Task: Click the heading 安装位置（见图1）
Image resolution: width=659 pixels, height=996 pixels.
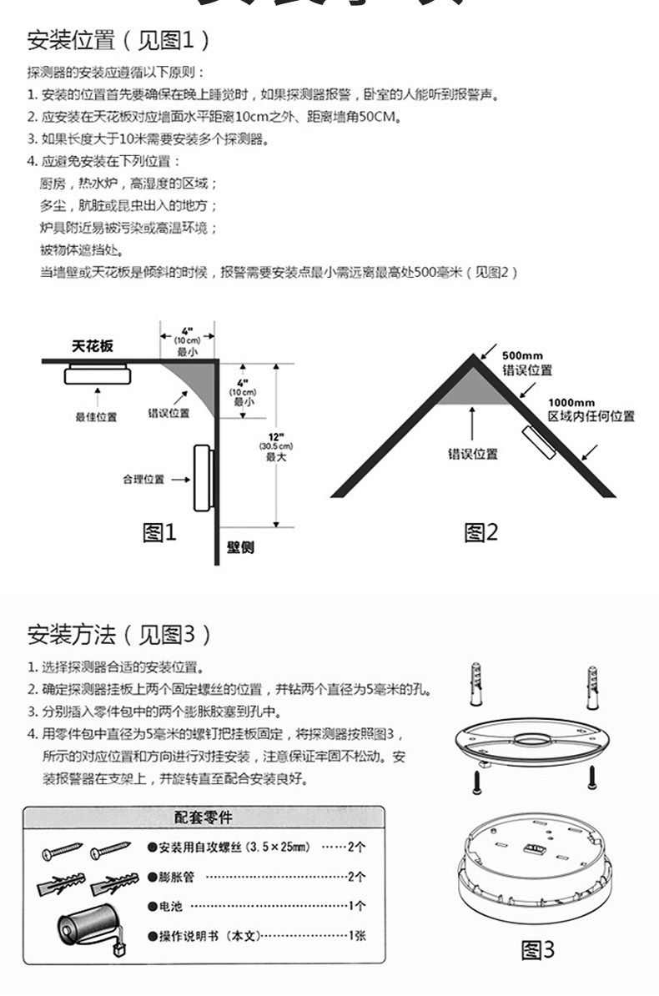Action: tap(118, 39)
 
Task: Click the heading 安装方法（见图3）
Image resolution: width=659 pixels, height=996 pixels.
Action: tap(118, 635)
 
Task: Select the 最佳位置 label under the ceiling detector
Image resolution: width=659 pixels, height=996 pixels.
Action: tap(97, 416)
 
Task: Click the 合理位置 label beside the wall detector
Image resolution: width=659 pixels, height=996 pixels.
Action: tap(143, 479)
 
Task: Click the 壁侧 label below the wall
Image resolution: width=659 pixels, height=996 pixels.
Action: tap(240, 547)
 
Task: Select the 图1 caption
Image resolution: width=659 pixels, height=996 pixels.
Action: tap(160, 532)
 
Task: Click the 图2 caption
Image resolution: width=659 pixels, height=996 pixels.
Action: tap(480, 532)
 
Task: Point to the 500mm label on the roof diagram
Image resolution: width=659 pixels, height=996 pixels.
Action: tap(523, 356)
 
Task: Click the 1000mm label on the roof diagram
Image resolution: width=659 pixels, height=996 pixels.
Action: tap(571, 403)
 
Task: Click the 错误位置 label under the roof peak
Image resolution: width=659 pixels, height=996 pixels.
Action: tap(473, 454)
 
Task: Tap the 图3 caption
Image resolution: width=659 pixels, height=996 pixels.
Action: tap(537, 949)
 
